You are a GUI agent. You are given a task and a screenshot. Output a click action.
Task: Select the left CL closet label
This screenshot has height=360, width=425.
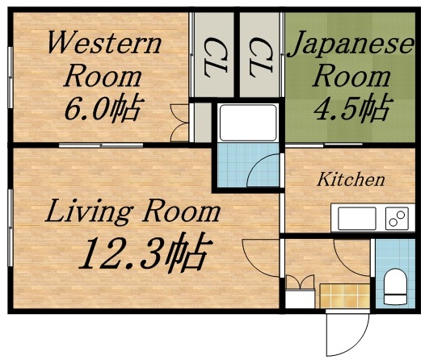[214, 57]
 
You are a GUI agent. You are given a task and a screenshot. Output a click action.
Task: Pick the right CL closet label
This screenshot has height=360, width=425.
[260, 57]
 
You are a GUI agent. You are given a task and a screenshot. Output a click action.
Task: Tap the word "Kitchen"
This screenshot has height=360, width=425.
[350, 179]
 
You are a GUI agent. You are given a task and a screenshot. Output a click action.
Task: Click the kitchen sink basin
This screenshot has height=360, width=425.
[356, 218]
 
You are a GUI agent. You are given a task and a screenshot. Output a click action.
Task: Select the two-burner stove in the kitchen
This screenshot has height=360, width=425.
[396, 218]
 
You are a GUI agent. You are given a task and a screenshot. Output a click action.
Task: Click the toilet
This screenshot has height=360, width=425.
[395, 287]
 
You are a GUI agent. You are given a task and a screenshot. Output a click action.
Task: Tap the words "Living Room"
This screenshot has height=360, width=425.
[132, 212]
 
